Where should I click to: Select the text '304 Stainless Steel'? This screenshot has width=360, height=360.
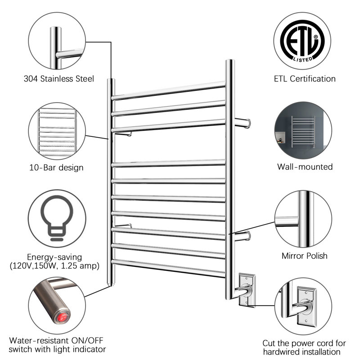[x=59, y=79]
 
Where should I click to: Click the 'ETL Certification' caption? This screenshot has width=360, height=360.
[x=305, y=79]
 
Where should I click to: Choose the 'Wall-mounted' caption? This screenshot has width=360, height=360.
[x=305, y=167]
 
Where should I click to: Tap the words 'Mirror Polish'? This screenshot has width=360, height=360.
[x=305, y=256]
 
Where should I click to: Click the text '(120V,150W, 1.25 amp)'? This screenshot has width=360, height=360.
[x=55, y=266]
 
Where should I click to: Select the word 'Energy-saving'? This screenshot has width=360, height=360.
[x=55, y=257]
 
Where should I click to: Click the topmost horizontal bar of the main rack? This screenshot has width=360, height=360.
[x=169, y=90]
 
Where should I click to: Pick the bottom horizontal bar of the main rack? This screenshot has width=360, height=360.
[x=169, y=268]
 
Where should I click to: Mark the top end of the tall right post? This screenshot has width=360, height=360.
[x=229, y=62]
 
